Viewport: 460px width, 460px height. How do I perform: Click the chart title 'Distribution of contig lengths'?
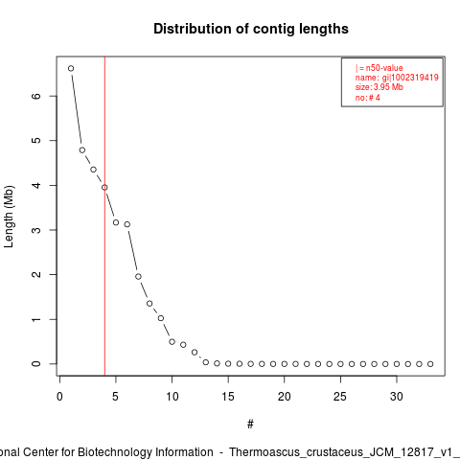[x=251, y=29]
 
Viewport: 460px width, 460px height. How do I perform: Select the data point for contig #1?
[x=71, y=68]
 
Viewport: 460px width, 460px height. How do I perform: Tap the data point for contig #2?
[x=82, y=150]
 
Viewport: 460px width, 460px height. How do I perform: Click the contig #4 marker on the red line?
[x=104, y=188]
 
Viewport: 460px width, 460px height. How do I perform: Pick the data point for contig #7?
[x=138, y=277]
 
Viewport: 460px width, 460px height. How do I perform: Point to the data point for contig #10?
[x=172, y=342]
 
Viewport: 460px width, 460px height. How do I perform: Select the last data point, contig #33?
[x=430, y=364]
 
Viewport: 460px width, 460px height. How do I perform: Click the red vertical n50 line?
[x=104, y=216]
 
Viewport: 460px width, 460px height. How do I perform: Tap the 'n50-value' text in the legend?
[x=384, y=68]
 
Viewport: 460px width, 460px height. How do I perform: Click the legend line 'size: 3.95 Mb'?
[x=379, y=87]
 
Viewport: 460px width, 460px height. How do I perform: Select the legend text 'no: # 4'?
[x=368, y=98]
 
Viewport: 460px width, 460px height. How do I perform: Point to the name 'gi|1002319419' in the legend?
[x=410, y=78]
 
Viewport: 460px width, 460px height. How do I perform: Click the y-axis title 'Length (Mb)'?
[x=9, y=217]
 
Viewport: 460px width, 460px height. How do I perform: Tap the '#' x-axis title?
[x=250, y=425]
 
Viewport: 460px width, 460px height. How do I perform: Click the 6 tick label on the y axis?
[x=36, y=96]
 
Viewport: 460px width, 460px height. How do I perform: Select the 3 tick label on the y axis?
[x=36, y=230]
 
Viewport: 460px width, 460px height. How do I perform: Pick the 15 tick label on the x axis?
[x=228, y=397]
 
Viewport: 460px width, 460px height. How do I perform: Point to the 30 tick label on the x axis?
[x=397, y=397]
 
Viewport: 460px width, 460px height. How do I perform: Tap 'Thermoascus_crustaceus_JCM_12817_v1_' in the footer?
[x=345, y=453]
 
